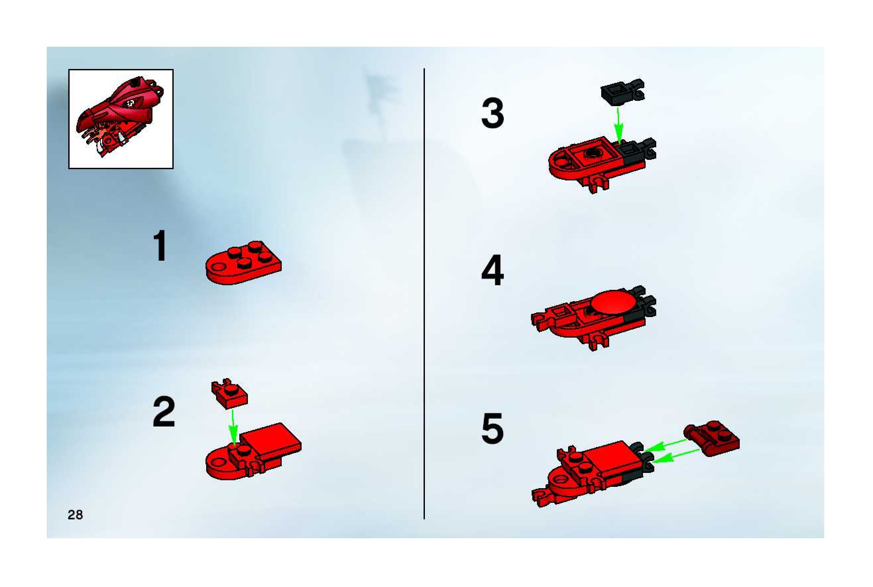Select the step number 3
point(492,113)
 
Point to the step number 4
point(492,270)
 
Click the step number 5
point(492,429)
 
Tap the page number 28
point(75,515)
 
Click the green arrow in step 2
point(233,427)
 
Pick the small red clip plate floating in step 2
point(229,394)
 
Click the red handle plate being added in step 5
point(711,438)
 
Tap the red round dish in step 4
point(612,301)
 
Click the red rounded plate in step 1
point(244,262)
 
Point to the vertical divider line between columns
point(424,293)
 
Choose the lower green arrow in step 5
point(676,454)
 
